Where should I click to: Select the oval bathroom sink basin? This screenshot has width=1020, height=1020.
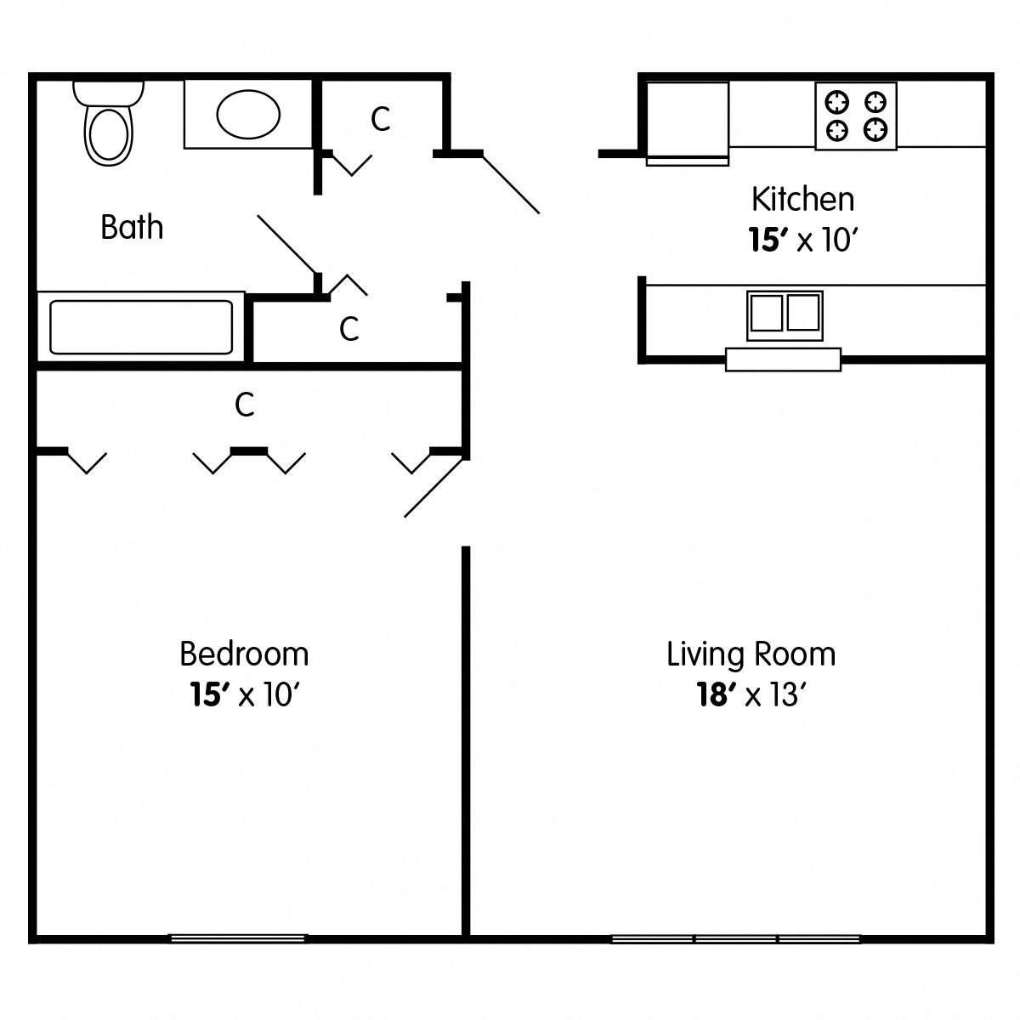click(248, 115)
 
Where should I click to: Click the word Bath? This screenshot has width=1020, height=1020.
click(132, 228)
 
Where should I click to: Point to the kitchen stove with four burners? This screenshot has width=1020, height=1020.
click(856, 116)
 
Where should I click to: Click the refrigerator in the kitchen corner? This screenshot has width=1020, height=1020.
click(687, 122)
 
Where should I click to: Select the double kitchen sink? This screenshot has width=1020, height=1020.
click(785, 312)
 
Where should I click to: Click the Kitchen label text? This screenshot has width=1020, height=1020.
click(802, 200)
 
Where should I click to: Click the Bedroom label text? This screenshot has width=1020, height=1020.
click(244, 654)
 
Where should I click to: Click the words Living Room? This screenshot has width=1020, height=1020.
click(751, 654)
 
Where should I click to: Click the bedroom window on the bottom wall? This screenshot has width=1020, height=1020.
click(238, 938)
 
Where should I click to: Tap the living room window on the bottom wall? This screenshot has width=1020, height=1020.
click(736, 938)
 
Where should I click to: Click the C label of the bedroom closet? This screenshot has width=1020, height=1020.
click(245, 405)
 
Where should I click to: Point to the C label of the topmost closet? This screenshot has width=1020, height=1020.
click(380, 120)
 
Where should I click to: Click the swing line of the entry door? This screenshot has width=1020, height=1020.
click(511, 184)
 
